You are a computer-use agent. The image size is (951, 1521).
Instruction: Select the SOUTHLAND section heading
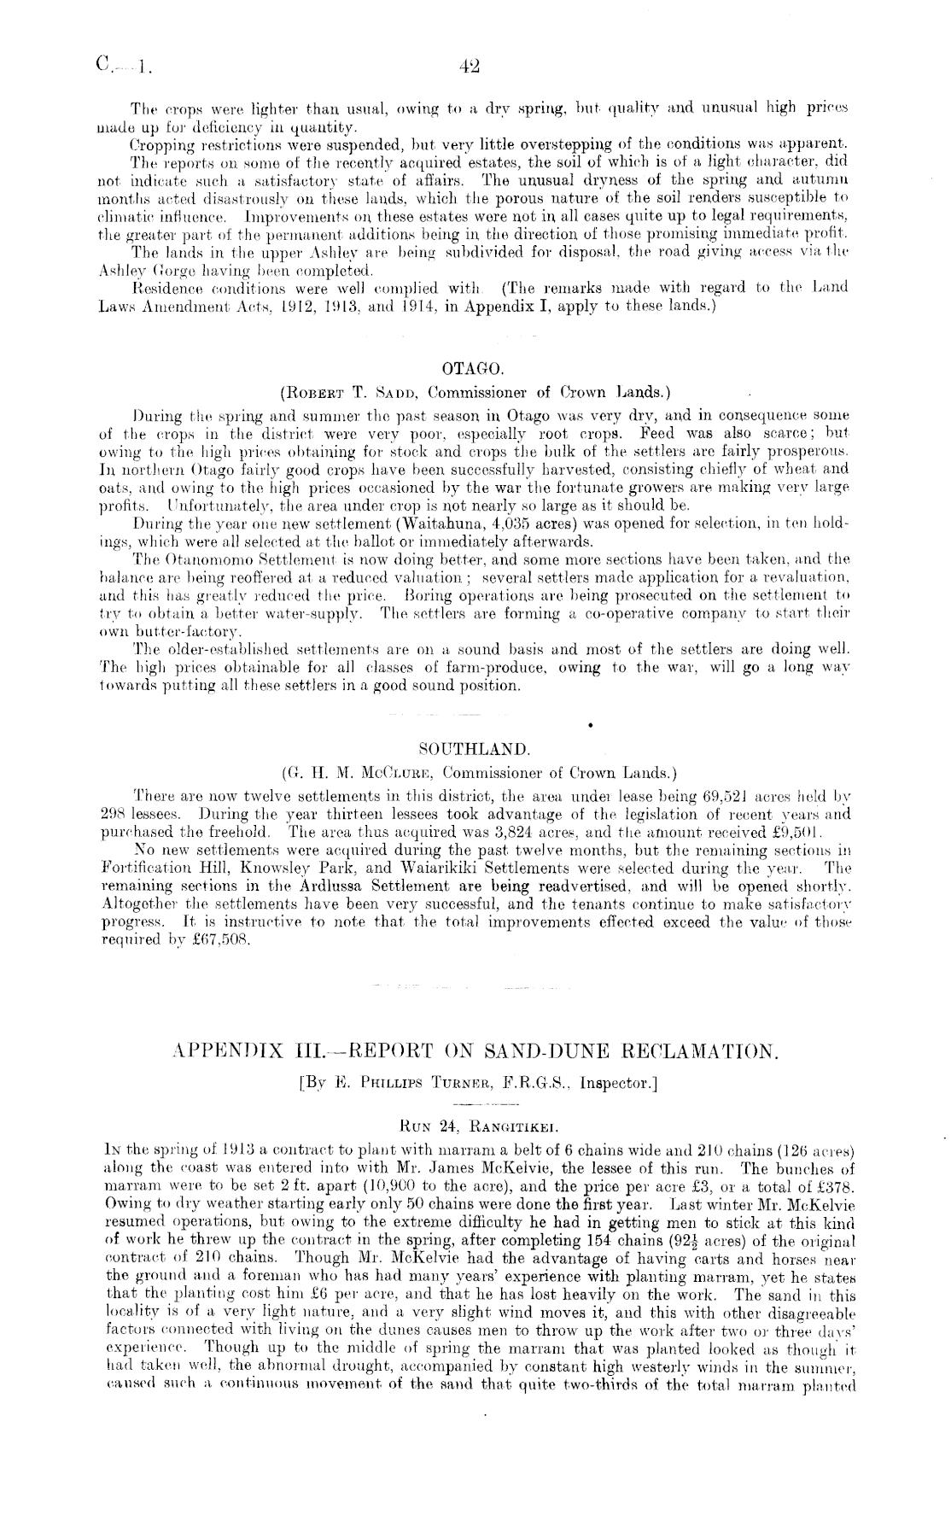(x=475, y=751)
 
